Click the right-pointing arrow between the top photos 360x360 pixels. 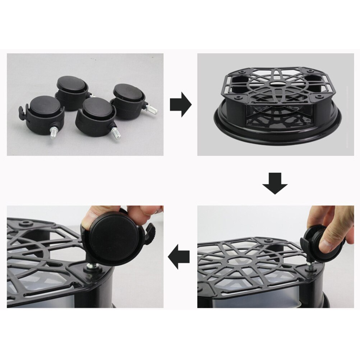tap(181, 104)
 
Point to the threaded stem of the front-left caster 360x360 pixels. tap(54, 133)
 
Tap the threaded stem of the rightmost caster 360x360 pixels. tap(151, 109)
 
